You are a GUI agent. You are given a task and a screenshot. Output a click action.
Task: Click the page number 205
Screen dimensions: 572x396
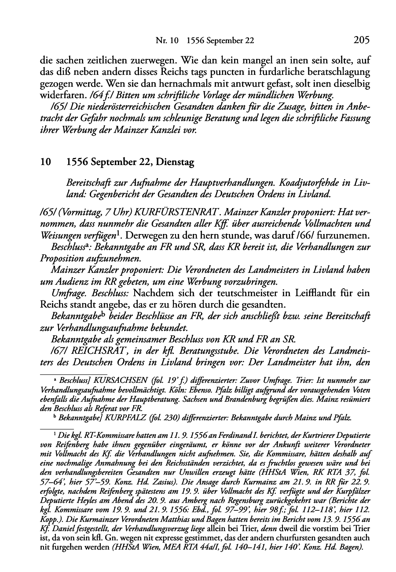click(x=361, y=40)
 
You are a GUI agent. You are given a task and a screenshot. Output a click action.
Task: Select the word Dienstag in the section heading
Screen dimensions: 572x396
click(x=175, y=162)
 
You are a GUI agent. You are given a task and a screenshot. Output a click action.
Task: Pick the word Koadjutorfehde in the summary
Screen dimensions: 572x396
click(x=305, y=182)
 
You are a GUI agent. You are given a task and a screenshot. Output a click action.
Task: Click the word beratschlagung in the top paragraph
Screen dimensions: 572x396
click(x=336, y=72)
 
